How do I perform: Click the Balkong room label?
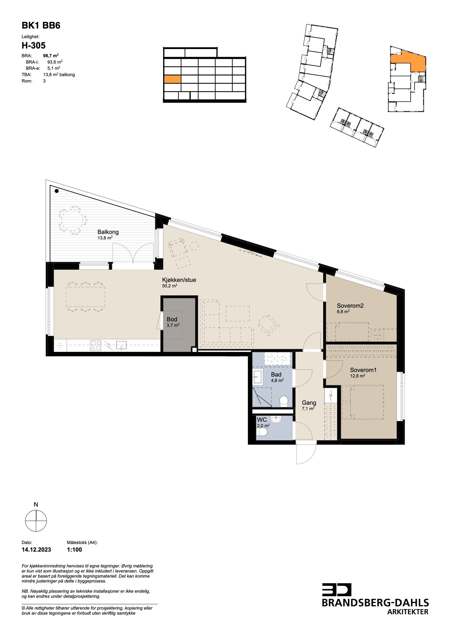108,232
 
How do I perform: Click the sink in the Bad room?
258,377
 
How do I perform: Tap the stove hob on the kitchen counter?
96,345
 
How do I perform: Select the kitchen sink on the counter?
121,345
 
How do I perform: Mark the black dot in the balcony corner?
57,191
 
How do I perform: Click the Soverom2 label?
350,305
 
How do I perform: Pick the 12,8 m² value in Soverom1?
357,376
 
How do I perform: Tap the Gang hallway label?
309,403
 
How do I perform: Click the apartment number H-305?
33,45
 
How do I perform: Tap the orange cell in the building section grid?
172,79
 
